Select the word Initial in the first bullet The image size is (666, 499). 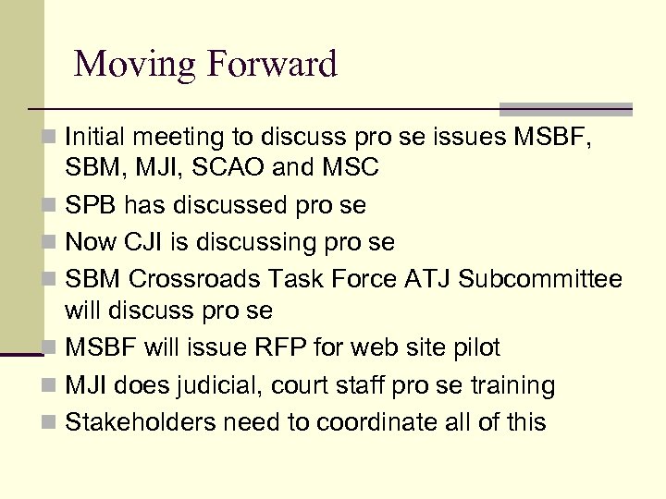coord(97,139)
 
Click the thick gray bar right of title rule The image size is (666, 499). coord(565,108)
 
